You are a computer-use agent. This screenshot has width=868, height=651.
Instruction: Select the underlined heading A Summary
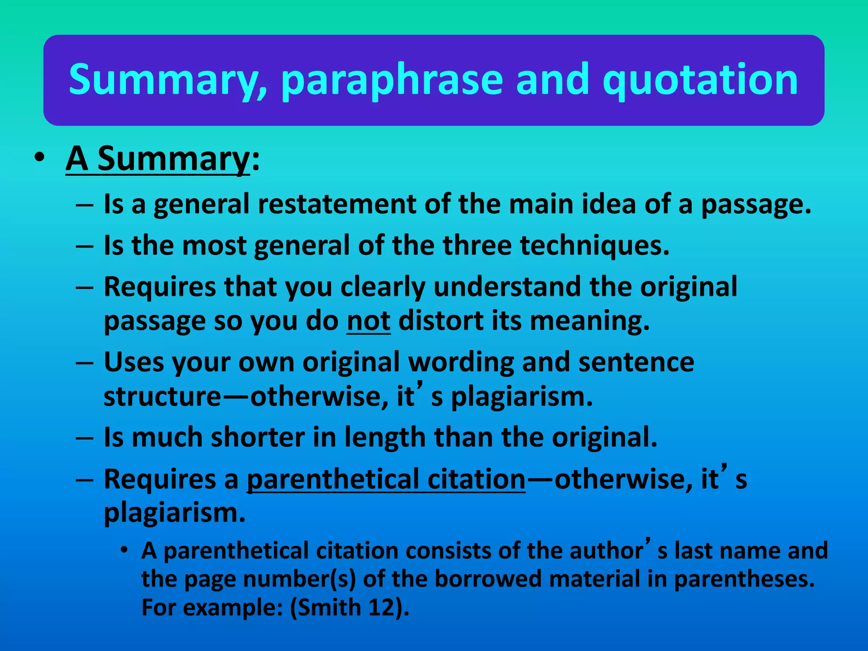tap(158, 159)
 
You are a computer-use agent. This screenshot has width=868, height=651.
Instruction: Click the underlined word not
tap(368, 321)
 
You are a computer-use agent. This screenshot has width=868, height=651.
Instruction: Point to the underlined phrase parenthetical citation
tap(386, 479)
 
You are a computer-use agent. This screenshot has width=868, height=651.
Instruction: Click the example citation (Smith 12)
tap(350, 607)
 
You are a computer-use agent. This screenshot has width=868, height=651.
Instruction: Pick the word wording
tap(461, 362)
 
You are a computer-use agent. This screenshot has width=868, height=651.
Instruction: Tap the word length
tap(385, 437)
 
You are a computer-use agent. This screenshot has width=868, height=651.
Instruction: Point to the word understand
tap(507, 287)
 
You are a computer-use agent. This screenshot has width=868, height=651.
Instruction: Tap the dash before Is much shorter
tap(85, 437)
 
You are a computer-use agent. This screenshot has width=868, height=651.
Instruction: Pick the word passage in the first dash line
tap(756, 204)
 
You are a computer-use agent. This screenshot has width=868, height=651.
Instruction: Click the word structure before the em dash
tap(162, 397)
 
